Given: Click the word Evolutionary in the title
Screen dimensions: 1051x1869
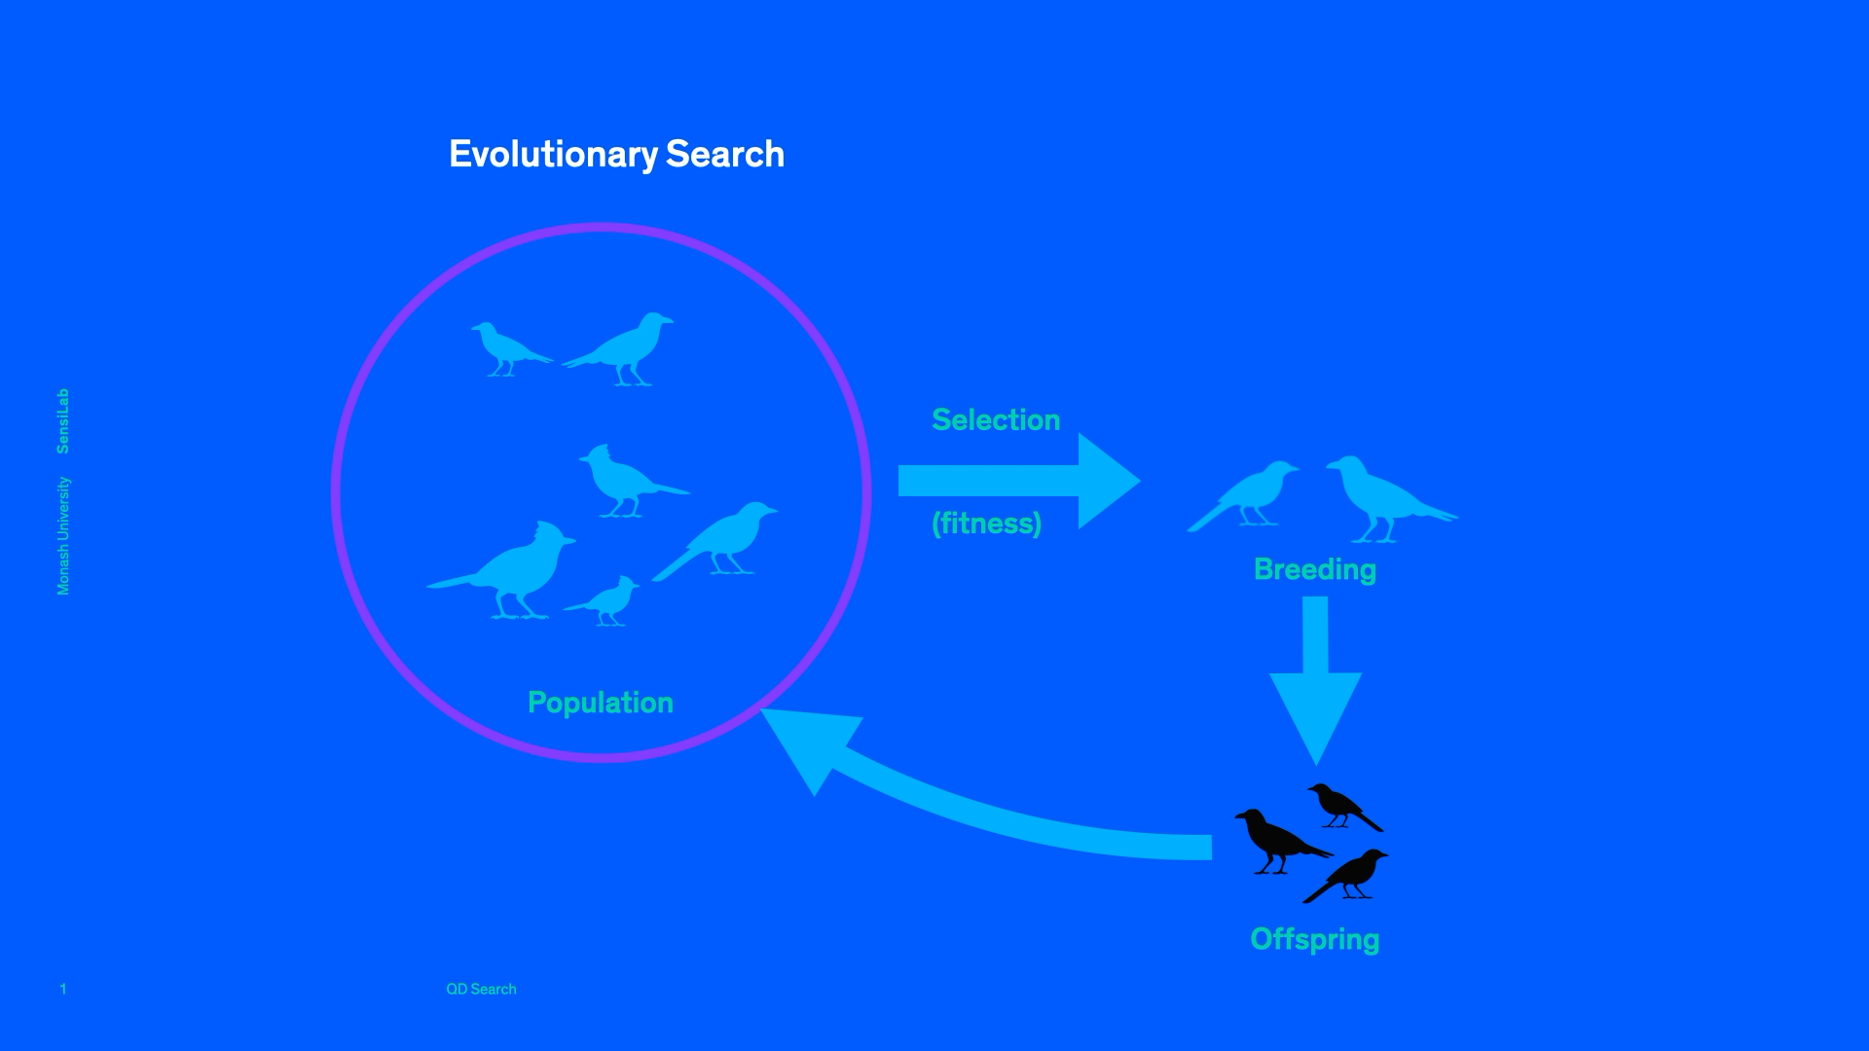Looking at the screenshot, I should pyautogui.click(x=553, y=155).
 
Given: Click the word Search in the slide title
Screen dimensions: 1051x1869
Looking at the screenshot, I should pyautogui.click(x=725, y=155).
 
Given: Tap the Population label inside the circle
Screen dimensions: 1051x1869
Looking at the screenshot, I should pyautogui.click(x=601, y=703).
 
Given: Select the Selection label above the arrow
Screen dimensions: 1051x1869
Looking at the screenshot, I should pyautogui.click(x=996, y=419).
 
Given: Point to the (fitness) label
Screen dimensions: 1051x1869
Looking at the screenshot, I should pyautogui.click(x=987, y=524).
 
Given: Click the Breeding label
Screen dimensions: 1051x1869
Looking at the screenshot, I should pyautogui.click(x=1315, y=569).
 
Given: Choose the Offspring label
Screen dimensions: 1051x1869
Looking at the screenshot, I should pyautogui.click(x=1315, y=939).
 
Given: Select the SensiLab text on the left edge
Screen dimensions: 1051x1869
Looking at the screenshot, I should pyautogui.click(x=63, y=421).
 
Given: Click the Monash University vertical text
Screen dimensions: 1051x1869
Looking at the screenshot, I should pyautogui.click(x=63, y=536).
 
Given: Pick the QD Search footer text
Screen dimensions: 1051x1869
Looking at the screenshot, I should pyautogui.click(x=481, y=989).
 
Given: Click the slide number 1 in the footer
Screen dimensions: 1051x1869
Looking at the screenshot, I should pyautogui.click(x=63, y=989).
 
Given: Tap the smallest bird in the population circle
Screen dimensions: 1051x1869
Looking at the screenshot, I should pyautogui.click(x=608, y=601).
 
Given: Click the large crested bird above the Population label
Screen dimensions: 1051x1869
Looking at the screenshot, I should pyautogui.click(x=511, y=574).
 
